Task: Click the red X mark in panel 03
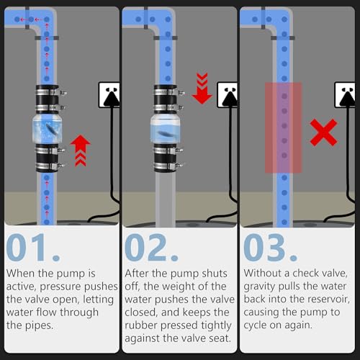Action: tap(323, 132)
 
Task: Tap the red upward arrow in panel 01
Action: tap(81, 150)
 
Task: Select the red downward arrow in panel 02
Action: tap(202, 89)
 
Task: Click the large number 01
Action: tap(33, 247)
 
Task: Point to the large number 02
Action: tap(151, 247)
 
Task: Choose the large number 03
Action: tap(270, 247)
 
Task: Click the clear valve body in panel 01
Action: tap(48, 128)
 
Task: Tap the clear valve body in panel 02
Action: tap(165, 129)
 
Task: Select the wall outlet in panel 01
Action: tap(109, 95)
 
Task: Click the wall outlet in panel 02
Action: tap(227, 95)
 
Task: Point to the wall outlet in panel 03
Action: tap(345, 95)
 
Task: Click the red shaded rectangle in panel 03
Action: tap(284, 127)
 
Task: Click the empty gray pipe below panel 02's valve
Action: tap(165, 199)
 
